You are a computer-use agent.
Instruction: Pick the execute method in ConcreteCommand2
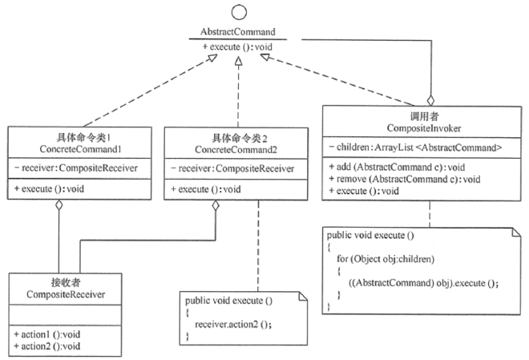point(207,189)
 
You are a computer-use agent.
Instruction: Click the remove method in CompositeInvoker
point(397,180)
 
